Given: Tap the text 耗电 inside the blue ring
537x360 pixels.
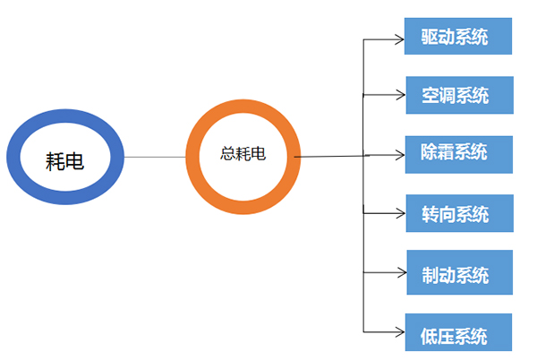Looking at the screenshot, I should pos(64,161).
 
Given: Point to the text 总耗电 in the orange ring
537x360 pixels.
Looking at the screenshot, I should pos(243,153).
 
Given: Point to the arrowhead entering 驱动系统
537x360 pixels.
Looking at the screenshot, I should pos(399,39).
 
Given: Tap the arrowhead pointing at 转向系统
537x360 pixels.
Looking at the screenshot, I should pos(399,213).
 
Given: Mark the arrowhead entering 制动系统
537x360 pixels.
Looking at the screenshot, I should pos(399,272).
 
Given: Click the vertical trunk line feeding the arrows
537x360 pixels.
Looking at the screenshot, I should pos(362,242).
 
